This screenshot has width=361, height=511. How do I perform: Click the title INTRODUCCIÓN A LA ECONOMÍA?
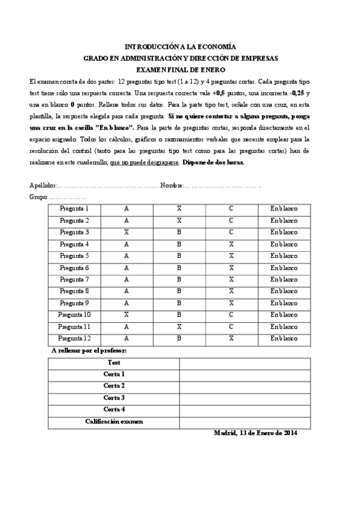(x=180, y=46)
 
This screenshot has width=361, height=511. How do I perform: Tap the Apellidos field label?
(x=42, y=185)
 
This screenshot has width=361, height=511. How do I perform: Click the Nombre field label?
(x=172, y=185)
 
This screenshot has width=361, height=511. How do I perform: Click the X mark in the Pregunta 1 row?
(x=179, y=208)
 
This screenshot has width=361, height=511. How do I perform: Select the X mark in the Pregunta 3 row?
(x=127, y=232)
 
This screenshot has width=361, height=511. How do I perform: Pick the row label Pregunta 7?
(x=75, y=280)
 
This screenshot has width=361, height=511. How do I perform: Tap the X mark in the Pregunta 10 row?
(x=127, y=315)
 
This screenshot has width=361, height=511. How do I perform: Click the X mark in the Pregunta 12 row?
(x=231, y=338)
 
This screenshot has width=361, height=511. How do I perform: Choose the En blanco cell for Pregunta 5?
(x=284, y=255)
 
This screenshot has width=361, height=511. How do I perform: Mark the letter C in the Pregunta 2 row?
(x=231, y=221)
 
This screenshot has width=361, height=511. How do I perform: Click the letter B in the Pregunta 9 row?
(x=179, y=303)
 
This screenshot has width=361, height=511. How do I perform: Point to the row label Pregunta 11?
(x=75, y=327)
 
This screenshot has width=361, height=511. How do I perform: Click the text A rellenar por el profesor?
(x=89, y=350)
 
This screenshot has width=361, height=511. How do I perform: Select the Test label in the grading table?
(x=114, y=363)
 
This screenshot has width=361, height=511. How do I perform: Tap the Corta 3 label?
(x=114, y=398)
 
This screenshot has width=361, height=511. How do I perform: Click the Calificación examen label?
(x=114, y=421)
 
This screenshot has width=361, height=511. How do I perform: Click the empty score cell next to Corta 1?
(x=239, y=374)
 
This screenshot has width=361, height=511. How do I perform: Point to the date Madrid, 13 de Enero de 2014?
(x=256, y=433)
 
